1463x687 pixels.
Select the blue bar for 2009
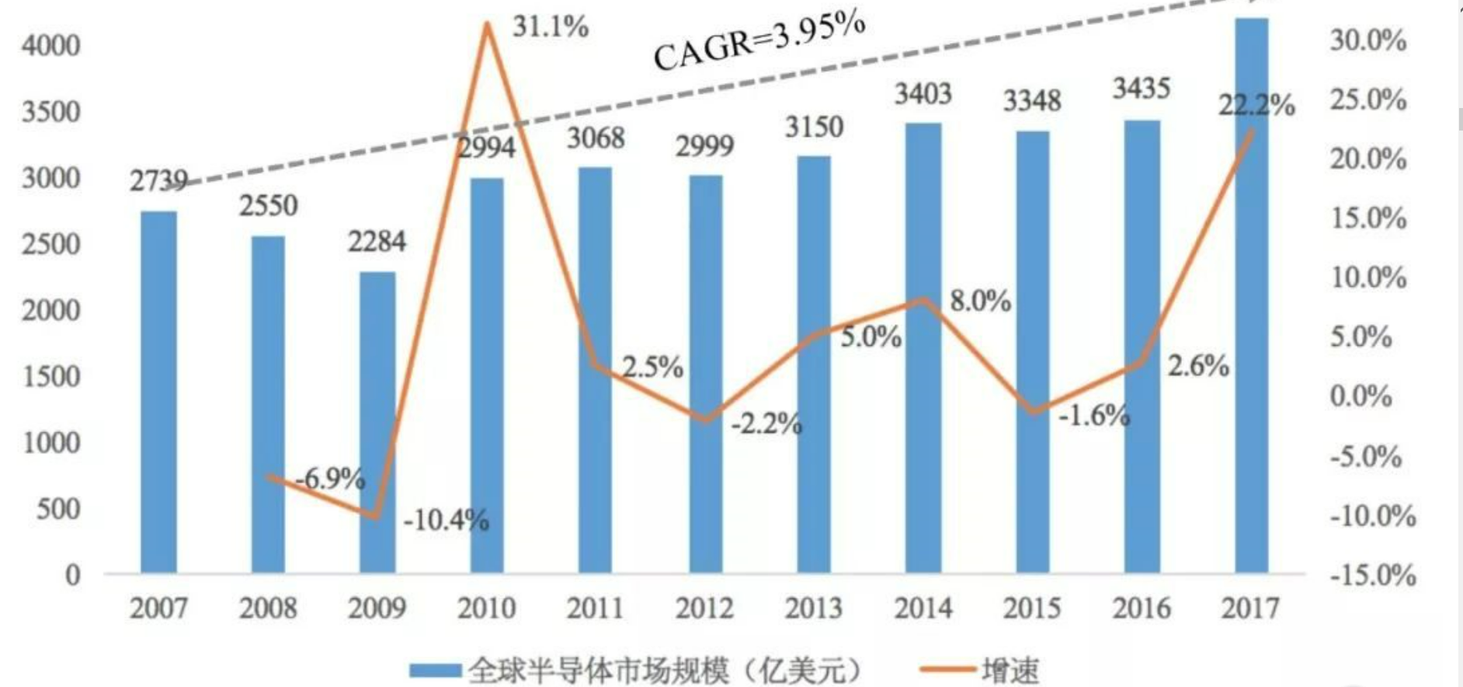pos(377,423)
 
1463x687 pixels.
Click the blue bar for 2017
pos(1251,295)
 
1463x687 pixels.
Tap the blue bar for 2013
pos(814,364)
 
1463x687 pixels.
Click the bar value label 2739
pos(158,181)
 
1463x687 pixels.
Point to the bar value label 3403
pos(923,94)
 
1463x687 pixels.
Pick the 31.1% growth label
pos(551,27)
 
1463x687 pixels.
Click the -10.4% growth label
pos(447,520)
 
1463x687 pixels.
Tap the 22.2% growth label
pos(1256,105)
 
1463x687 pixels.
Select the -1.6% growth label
pos(1094,416)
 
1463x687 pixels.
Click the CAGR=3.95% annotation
pos(759,40)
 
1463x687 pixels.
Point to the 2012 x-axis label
pos(704,608)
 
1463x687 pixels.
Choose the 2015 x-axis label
pos(1032,608)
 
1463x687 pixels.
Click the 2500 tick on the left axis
pos(50,244)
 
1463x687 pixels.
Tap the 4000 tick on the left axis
pos(50,45)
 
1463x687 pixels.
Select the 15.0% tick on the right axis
pos(1368,218)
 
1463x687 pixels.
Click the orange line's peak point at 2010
pos(487,24)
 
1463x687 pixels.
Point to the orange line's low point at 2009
pos(376,516)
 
